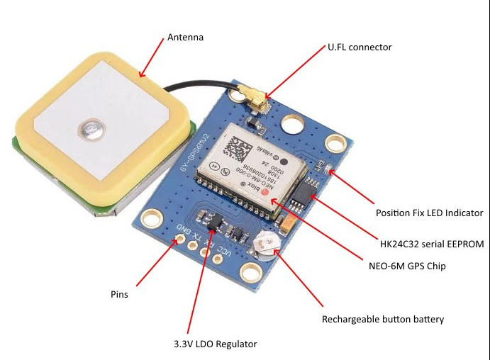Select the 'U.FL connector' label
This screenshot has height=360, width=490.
[x=360, y=47]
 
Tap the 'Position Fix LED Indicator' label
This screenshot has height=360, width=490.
[x=429, y=212]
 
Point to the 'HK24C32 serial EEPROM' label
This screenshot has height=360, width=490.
[x=430, y=244]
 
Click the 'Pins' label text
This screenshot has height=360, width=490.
[x=120, y=294]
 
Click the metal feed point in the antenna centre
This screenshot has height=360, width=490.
[x=91, y=129]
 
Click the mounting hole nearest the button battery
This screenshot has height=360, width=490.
[x=250, y=272]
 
